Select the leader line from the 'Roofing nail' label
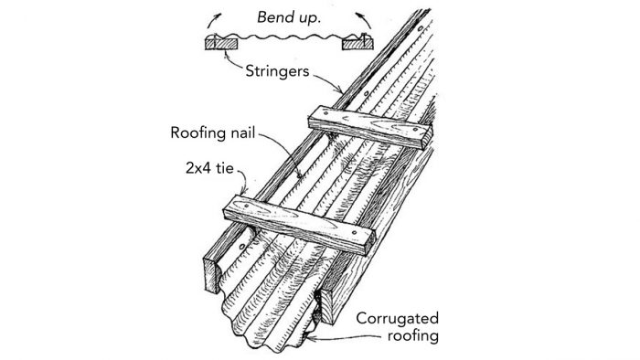285,151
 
